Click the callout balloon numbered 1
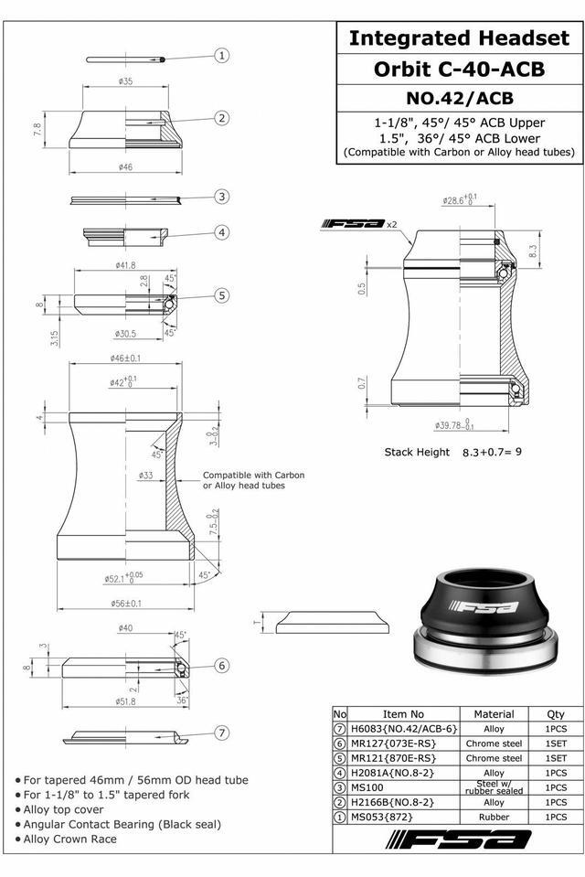(222, 56)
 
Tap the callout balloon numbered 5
(222, 294)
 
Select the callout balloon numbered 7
(222, 733)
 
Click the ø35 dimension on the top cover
(126, 81)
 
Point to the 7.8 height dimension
(37, 130)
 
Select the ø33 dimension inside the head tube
(145, 476)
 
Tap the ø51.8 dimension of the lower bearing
(126, 701)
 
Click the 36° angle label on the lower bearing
(183, 701)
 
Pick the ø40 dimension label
(126, 628)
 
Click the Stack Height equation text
(452, 452)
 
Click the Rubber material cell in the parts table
(494, 816)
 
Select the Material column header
(494, 714)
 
